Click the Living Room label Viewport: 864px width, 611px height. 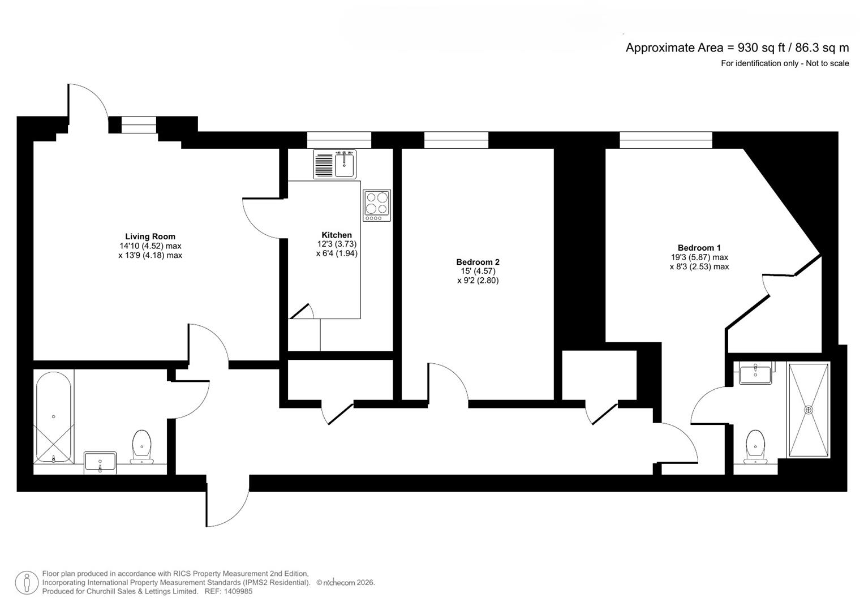tap(150, 236)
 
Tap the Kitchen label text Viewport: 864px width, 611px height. tap(337, 235)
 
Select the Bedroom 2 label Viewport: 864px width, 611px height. tap(478, 262)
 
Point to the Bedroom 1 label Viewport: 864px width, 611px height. tap(699, 247)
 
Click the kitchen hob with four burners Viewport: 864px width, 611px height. tap(377, 205)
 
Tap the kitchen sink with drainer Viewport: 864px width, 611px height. tap(335, 164)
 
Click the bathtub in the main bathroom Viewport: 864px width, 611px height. tap(53, 418)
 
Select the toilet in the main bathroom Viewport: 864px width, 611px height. tap(141, 447)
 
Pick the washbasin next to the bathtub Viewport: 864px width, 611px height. tap(100, 461)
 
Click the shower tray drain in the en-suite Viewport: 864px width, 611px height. tap(809, 410)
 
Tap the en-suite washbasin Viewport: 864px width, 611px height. tap(755, 374)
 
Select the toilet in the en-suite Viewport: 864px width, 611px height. tap(755, 447)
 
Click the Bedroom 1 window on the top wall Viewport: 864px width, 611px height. tap(665, 140)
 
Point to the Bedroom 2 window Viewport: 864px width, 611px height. tap(456, 140)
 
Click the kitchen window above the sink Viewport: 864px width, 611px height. tap(339, 140)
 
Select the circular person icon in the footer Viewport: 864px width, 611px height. tap(27, 583)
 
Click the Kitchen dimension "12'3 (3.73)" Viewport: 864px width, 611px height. tap(337, 244)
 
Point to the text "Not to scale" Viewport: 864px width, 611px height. tap(827, 63)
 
